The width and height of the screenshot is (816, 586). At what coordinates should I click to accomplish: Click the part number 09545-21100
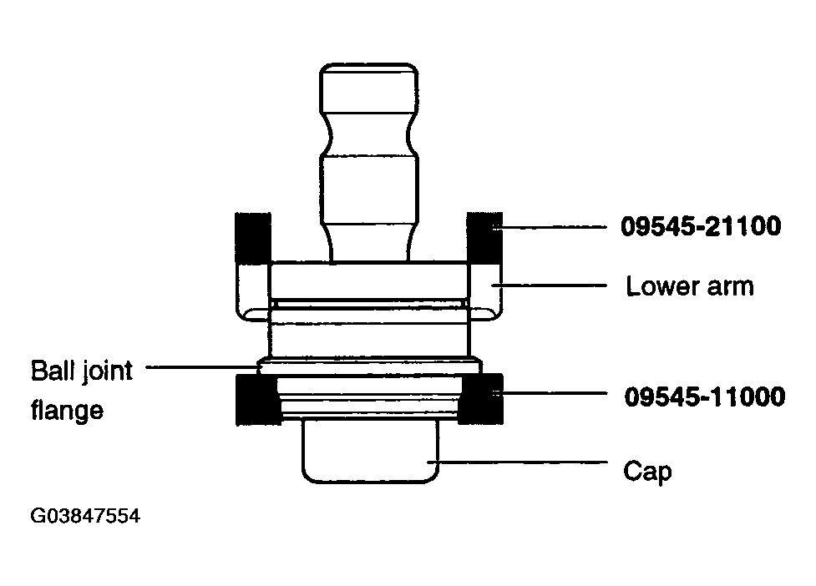click(701, 226)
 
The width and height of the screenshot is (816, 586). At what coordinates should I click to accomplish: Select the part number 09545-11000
click(705, 397)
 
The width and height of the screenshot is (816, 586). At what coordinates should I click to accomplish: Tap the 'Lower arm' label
click(690, 286)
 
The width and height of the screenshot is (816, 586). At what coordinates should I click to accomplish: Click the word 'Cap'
click(647, 472)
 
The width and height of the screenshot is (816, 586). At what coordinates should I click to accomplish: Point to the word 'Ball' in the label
click(50, 371)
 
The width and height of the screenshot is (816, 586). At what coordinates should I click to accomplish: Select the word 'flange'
click(67, 410)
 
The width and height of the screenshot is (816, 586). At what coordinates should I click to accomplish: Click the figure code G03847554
click(85, 516)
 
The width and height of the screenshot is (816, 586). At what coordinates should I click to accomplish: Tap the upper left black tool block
click(253, 237)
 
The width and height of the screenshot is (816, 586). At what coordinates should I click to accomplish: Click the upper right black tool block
click(484, 237)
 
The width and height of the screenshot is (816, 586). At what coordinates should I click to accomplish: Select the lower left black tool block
click(256, 399)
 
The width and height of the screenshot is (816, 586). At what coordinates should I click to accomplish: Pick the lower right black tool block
click(481, 399)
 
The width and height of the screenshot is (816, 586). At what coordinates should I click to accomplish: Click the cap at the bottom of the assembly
click(371, 452)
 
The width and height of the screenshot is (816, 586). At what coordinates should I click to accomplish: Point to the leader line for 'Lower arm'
click(549, 285)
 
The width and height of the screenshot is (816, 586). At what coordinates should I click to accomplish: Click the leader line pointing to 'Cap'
click(517, 462)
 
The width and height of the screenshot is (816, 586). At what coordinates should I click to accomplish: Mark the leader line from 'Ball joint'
click(203, 367)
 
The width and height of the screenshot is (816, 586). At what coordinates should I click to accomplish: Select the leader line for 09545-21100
click(549, 227)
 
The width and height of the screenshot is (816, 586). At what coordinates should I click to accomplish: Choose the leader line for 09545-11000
click(550, 394)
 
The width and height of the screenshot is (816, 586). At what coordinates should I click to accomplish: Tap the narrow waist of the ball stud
click(369, 134)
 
